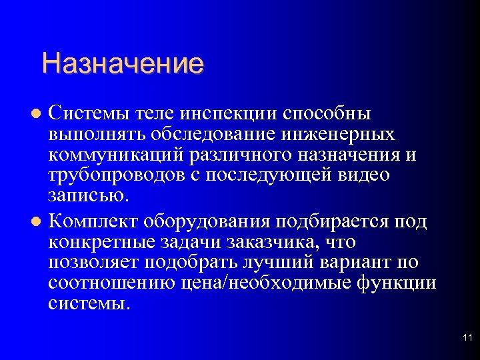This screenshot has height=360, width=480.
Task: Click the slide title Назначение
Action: click(x=122, y=65)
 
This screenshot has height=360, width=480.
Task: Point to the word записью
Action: click(x=85, y=196)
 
